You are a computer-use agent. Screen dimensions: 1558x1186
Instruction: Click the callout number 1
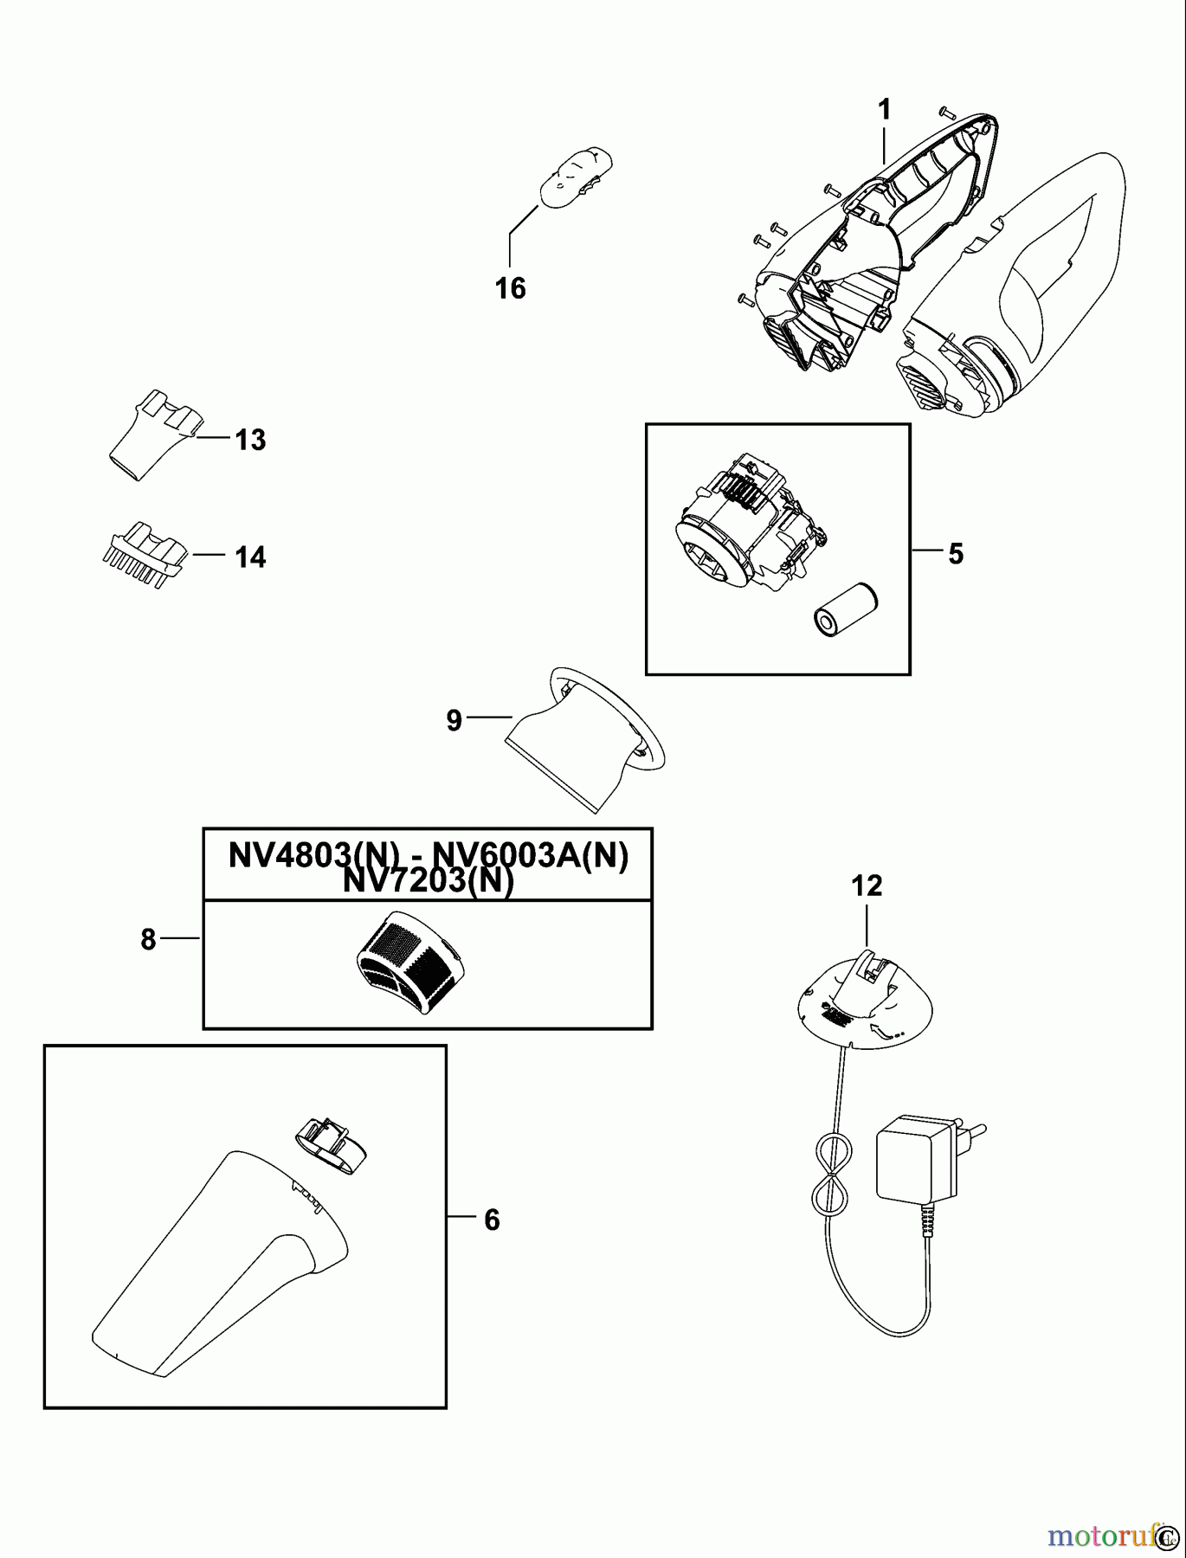pos(884,111)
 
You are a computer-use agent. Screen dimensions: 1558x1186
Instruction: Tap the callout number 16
pos(511,287)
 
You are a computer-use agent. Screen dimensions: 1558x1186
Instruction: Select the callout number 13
pos(250,440)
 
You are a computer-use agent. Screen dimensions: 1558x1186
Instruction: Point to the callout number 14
pos(250,557)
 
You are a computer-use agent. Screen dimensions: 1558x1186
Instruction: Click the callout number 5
pos(955,554)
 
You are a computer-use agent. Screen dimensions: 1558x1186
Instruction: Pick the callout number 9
pos(454,720)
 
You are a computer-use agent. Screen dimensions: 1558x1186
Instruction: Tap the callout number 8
pos(149,939)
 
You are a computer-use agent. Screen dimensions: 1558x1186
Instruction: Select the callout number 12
pos(867,885)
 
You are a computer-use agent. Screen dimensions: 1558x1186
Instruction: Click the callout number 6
pos(492,1220)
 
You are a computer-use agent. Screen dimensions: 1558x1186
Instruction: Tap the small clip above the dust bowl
pos(331,1143)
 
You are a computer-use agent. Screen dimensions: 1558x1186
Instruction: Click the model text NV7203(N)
pos(428,881)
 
